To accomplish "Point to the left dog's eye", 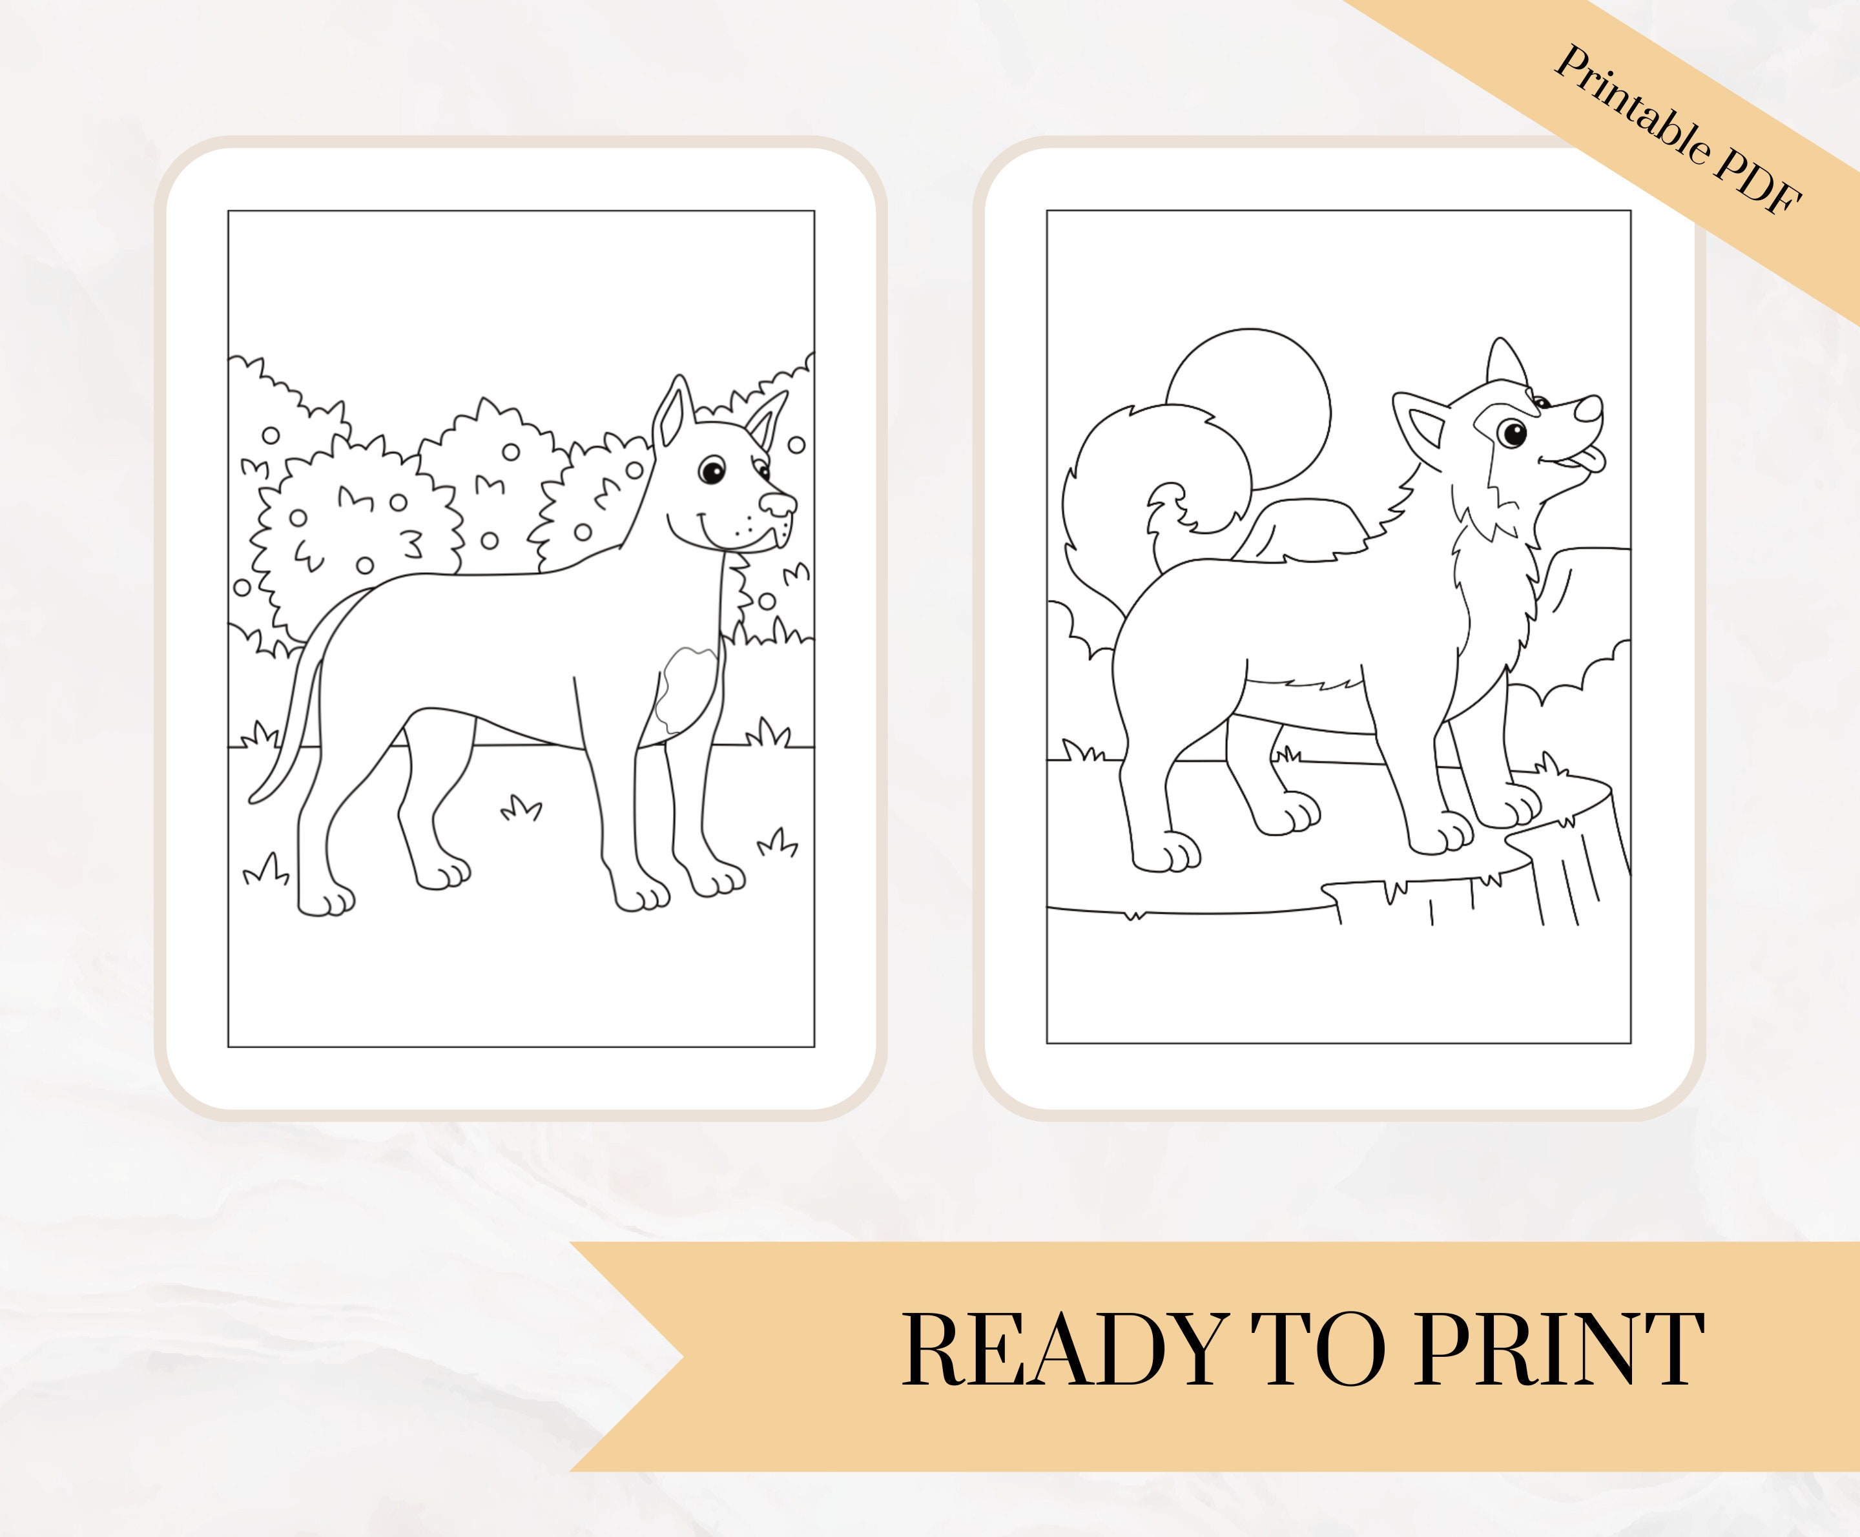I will (712, 469).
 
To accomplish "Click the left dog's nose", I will (779, 504).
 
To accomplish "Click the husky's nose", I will (1589, 409).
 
